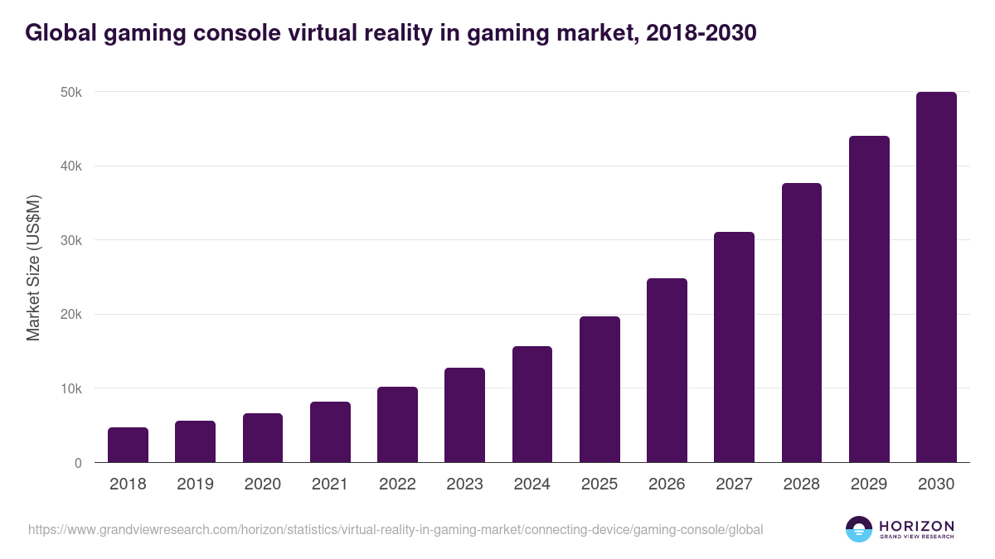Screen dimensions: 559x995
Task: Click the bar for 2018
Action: point(128,445)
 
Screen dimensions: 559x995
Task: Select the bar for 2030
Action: point(936,277)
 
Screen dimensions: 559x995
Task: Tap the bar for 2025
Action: point(599,389)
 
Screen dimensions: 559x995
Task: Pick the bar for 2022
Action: point(397,424)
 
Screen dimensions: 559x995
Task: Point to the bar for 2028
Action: point(801,323)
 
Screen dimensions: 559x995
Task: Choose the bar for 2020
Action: point(263,437)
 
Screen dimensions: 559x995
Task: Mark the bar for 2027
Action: point(734,347)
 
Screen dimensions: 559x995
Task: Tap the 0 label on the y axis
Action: point(78,463)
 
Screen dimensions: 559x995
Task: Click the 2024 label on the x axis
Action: point(531,484)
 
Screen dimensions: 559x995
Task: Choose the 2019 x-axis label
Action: point(195,484)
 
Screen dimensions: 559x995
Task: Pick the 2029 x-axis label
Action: point(869,484)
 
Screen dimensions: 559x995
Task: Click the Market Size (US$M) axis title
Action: point(33,268)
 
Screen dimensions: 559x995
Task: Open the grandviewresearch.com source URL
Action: point(396,529)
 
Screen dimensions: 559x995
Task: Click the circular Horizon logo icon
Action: point(858,529)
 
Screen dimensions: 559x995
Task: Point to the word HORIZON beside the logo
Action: point(916,525)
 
